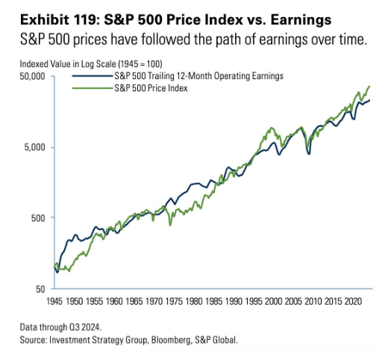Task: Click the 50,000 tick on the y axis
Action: [x=33, y=77]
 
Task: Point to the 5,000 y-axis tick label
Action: [x=35, y=147]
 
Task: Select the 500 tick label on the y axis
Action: [x=38, y=218]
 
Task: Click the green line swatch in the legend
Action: [x=90, y=88]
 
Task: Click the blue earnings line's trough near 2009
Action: [x=308, y=154]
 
